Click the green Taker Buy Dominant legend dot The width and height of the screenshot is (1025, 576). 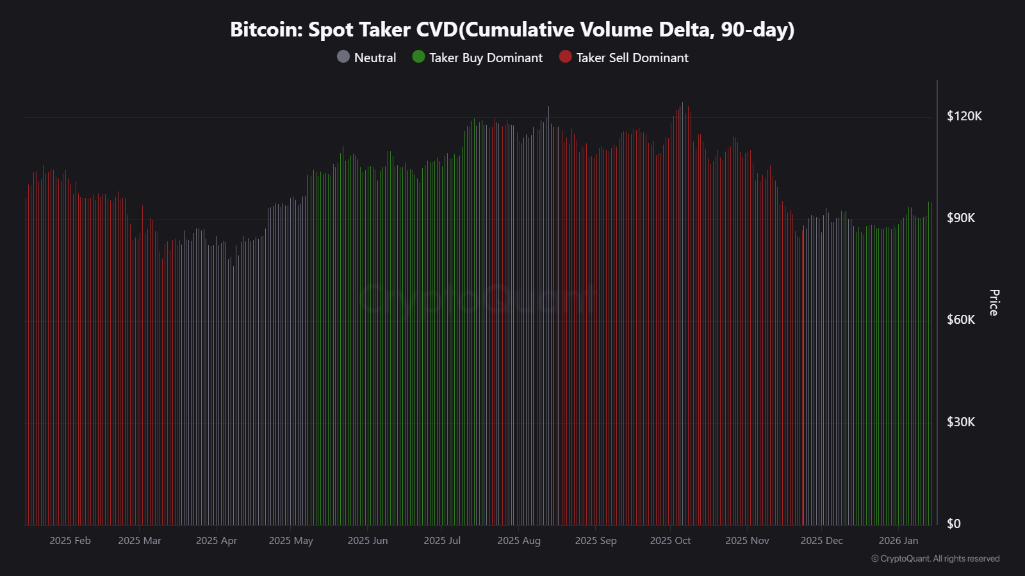click(418, 57)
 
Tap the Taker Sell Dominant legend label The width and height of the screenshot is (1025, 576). click(632, 58)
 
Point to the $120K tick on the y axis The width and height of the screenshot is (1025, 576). click(964, 116)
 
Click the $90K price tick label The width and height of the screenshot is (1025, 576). click(961, 218)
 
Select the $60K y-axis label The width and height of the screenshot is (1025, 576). click(961, 319)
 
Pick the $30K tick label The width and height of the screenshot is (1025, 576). click(961, 422)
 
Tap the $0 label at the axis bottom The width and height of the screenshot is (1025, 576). click(954, 524)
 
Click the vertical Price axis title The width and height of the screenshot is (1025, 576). click(994, 303)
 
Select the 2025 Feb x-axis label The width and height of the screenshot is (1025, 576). click(70, 541)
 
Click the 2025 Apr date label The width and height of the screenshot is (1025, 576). click(216, 541)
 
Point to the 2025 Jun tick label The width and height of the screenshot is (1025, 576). click(368, 541)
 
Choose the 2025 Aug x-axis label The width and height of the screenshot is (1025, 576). click(519, 541)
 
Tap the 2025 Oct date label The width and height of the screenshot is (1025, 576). click(670, 541)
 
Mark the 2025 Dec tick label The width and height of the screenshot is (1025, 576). click(821, 541)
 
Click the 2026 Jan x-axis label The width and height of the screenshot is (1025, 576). click(898, 541)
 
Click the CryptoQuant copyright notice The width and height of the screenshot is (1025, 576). click(935, 559)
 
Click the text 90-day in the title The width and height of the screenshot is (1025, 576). click(756, 30)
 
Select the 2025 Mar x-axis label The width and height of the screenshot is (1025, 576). click(140, 541)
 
